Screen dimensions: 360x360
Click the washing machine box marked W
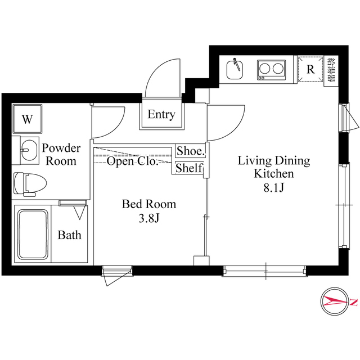pyautogui.click(x=26, y=119)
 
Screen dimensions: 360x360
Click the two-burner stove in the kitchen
pyautogui.click(x=271, y=70)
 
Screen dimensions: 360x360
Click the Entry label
pyautogui.click(x=161, y=115)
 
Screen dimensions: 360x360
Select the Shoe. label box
pyautogui.click(x=190, y=151)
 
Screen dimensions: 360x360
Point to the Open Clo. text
pyautogui.click(x=133, y=162)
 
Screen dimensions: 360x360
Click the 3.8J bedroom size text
pyautogui.click(x=149, y=218)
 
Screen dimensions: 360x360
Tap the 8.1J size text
pyautogui.click(x=273, y=188)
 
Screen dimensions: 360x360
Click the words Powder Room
pyautogui.click(x=62, y=155)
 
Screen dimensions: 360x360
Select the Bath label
pyautogui.click(x=69, y=235)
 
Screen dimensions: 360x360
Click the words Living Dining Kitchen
pyautogui.click(x=274, y=167)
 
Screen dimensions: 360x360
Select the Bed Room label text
pyautogui.click(x=149, y=204)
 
